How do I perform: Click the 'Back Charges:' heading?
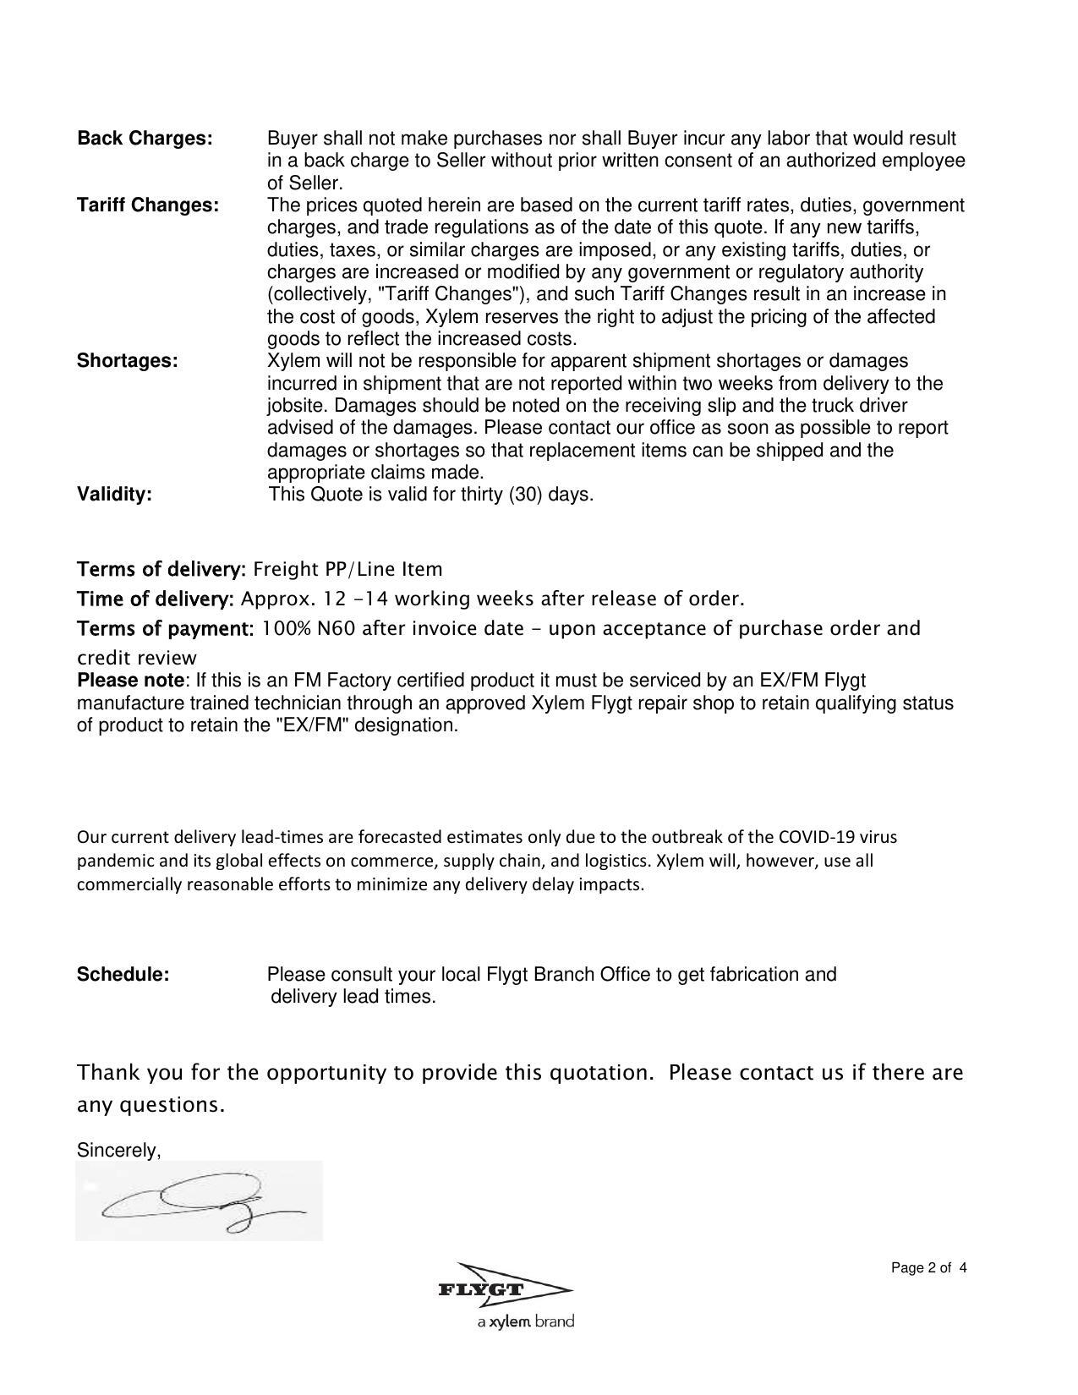point(145,138)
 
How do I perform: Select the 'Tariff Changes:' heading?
point(148,205)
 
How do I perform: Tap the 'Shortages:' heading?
point(128,361)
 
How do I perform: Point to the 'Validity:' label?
point(114,495)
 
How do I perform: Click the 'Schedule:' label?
point(123,975)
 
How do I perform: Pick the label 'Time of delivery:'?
point(156,599)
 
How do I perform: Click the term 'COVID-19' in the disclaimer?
point(813,838)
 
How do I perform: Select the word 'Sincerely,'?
point(118,1151)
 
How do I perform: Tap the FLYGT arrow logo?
point(506,1288)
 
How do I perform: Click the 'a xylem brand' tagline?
point(526,1321)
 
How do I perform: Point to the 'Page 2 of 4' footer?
point(929,1268)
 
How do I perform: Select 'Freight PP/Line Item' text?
point(347,569)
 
